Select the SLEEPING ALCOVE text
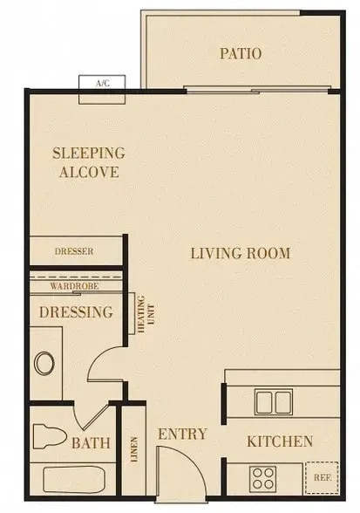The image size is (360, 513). (x=88, y=161)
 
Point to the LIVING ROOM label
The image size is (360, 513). (x=241, y=254)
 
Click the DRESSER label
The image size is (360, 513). (x=73, y=252)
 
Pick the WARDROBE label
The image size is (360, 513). (x=73, y=286)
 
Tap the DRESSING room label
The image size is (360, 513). (x=77, y=311)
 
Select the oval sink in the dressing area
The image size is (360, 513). (x=43, y=362)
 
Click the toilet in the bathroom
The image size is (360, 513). (x=49, y=434)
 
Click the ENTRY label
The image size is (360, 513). (x=181, y=434)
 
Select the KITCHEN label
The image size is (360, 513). (x=279, y=441)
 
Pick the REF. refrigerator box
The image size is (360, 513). (x=323, y=478)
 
